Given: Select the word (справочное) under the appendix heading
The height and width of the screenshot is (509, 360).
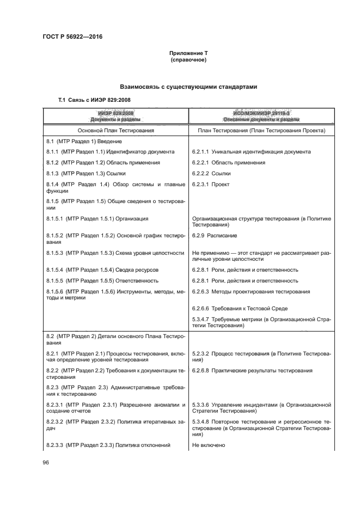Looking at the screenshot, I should click(x=188, y=59).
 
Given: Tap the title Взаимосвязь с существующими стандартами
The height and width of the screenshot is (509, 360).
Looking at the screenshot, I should click(x=188, y=87).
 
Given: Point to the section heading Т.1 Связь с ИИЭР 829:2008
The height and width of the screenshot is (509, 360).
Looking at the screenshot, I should click(x=94, y=100).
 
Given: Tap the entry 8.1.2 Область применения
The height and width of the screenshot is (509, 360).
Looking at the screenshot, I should click(x=103, y=163).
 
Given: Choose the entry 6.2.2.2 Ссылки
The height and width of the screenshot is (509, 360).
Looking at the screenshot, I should click(x=211, y=174).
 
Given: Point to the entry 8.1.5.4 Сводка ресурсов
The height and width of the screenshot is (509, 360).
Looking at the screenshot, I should click(x=102, y=270).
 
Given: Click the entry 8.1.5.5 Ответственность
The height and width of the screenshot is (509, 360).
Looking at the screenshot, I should click(x=102, y=281).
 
